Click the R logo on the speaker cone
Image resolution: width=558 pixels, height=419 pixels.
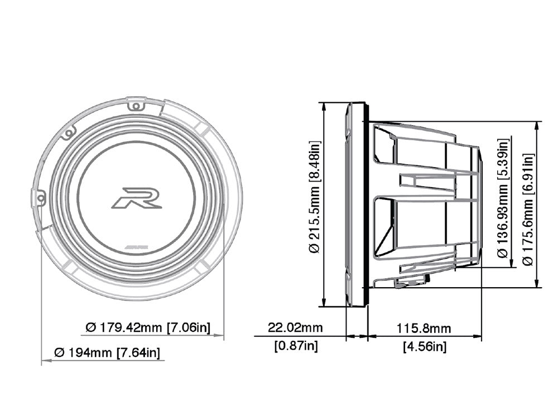pos(137,198)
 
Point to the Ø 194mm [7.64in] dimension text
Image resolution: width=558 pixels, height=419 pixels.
pos(108,353)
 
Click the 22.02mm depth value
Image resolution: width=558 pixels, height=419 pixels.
pos(295,327)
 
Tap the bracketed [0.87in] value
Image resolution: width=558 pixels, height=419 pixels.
pos(296,346)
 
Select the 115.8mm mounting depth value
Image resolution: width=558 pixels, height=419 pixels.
pos(424,328)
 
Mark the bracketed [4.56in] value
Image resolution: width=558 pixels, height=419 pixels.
pos(424,347)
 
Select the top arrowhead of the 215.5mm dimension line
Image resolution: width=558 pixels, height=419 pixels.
pos(324,107)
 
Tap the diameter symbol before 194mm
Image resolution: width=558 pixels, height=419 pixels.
pos(59,353)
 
